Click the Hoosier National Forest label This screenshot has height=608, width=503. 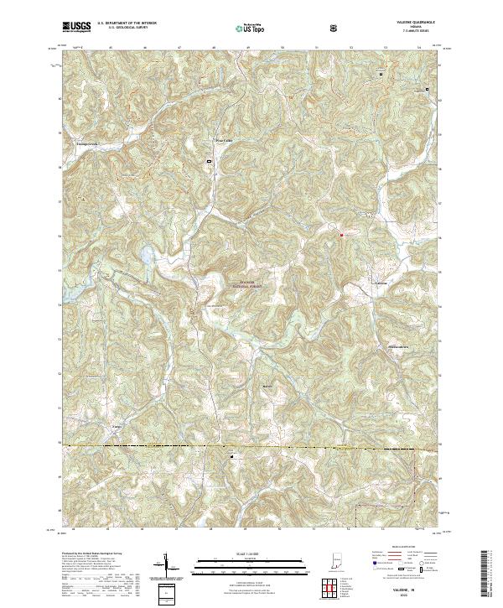[x=244, y=284]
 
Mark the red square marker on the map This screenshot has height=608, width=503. [x=341, y=235]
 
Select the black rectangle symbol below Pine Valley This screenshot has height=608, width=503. [x=209, y=159]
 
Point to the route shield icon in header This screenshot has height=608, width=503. [x=335, y=28]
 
